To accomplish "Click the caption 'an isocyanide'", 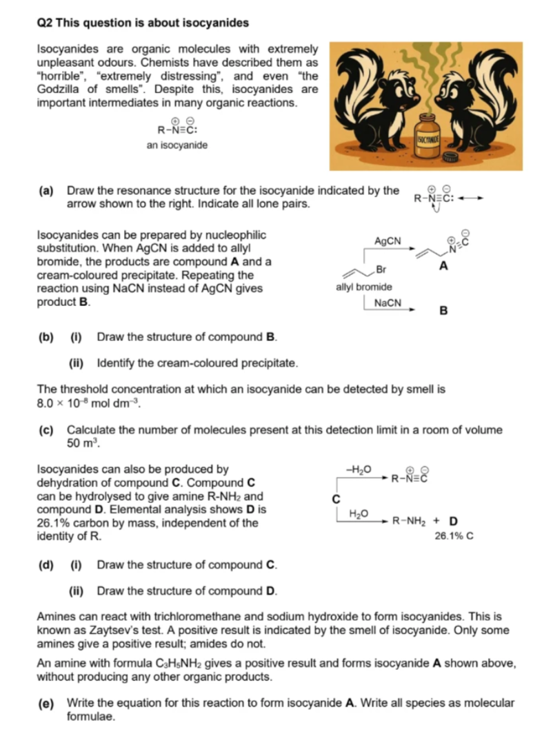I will (x=177, y=145).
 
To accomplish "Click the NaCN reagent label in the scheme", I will (x=387, y=303).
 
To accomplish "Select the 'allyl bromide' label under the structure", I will (x=363, y=287).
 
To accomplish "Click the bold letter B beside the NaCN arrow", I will (x=443, y=310).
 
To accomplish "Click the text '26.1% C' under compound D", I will (x=454, y=535).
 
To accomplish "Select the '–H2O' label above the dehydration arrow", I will (x=362, y=470).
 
